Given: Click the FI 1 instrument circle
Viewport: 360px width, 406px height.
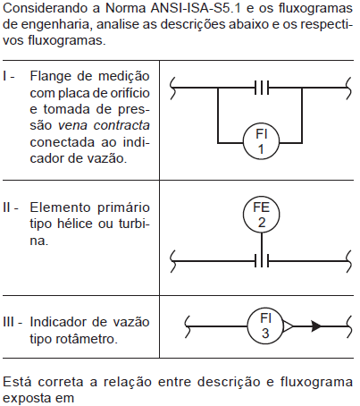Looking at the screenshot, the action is (261, 141).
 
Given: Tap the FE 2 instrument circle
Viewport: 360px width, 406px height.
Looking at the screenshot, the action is (261, 215).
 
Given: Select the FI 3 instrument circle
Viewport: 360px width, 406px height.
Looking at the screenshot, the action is (265, 326).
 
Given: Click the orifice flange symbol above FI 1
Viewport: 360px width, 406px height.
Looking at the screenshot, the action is (262, 88).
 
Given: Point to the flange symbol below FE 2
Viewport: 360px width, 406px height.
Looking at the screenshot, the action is (262, 261).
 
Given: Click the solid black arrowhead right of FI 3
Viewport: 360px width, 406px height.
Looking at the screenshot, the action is (316, 326).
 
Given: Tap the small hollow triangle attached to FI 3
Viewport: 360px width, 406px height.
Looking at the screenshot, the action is (288, 326).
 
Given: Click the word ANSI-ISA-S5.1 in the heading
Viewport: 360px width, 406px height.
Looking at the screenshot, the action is (196, 8).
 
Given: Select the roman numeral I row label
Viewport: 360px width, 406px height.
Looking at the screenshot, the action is (5, 76).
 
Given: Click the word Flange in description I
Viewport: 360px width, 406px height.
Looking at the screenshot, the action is (51, 77).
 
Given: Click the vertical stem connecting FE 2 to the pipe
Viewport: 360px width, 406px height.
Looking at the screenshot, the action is (262, 244).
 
